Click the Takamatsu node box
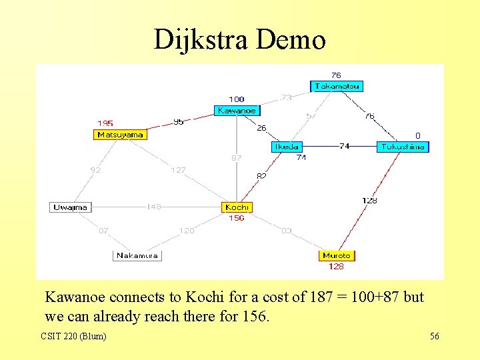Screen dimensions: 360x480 (x=337, y=86)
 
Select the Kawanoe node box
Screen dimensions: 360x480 (x=237, y=111)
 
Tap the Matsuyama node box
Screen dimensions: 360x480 (x=120, y=135)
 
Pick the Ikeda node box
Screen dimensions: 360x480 (x=287, y=147)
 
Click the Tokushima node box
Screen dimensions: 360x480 (x=403, y=147)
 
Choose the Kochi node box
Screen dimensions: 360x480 (x=237, y=207)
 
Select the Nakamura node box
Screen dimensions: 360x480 (x=137, y=255)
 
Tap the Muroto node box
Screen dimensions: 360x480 (x=336, y=255)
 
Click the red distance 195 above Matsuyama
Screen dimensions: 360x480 (x=105, y=123)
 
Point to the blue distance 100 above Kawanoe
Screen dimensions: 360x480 (x=237, y=99)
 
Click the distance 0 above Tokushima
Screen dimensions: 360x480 (x=418, y=135)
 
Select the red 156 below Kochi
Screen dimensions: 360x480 (x=237, y=218)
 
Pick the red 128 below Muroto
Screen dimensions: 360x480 (x=336, y=267)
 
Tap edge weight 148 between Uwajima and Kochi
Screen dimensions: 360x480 (x=154, y=207)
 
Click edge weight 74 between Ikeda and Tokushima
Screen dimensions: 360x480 (x=344, y=146)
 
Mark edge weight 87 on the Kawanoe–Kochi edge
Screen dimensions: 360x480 (x=237, y=158)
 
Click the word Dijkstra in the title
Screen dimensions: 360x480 (x=201, y=40)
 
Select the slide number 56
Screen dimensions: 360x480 (x=434, y=336)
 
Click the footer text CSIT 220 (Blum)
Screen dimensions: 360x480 (x=73, y=336)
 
